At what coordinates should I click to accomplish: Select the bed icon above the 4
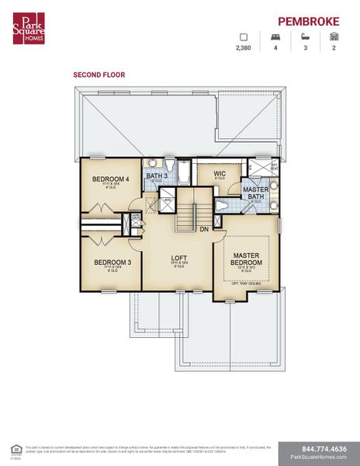pos(274,36)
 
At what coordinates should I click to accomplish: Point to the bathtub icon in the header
pos(304,36)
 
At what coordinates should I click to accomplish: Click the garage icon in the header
pos(334,36)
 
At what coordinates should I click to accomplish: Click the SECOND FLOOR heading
pos(99,75)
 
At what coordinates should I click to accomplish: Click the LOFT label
pos(180,257)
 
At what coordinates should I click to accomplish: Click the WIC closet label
pos(220,174)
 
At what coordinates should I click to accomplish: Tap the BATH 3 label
pos(157,176)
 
